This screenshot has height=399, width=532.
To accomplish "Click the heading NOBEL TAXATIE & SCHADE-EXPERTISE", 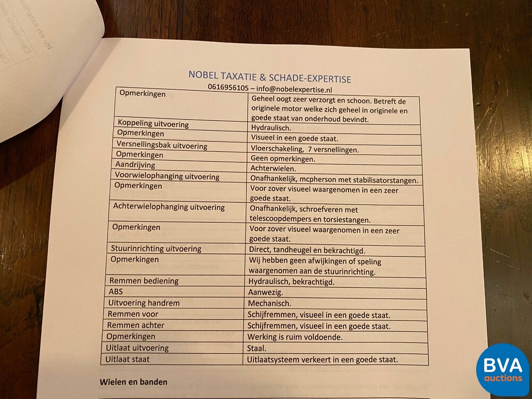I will point(269,77).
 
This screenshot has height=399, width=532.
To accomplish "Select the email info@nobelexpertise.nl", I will point(301,89).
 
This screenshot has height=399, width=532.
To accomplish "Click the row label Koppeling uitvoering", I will point(153,124).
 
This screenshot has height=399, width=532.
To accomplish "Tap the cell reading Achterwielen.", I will point(274,169).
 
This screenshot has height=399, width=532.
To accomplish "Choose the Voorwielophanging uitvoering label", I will point(167,176).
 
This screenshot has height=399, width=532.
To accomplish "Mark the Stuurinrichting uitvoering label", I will point(156,248).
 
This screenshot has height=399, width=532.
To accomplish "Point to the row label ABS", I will point(116,292).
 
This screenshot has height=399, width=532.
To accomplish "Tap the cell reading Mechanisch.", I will point(269,303).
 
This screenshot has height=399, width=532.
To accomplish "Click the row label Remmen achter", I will point(136,325).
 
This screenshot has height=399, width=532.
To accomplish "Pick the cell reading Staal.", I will point(257,348).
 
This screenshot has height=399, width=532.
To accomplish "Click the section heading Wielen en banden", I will point(134,381).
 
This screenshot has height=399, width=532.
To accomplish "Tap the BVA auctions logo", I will point(502,369).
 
